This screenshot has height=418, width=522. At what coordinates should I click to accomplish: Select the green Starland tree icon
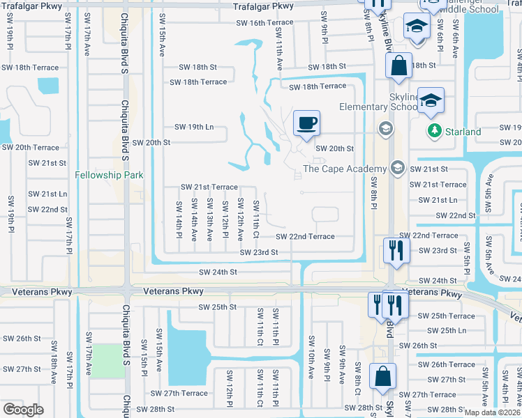[x=434, y=131]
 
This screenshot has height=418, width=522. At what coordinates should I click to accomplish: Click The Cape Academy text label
[x=344, y=169]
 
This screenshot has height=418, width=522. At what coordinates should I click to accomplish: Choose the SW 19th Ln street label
[x=193, y=127]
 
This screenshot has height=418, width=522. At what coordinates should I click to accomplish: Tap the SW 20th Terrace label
[x=30, y=148]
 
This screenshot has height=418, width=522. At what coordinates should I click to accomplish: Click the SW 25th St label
[x=217, y=307]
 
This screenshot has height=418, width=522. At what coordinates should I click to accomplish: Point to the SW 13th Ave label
[x=210, y=220]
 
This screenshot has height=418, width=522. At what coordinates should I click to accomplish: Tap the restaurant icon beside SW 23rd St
[x=396, y=251]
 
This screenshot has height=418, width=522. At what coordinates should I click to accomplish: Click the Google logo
[x=23, y=410]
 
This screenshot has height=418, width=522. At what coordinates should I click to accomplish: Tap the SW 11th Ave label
[x=279, y=54]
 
